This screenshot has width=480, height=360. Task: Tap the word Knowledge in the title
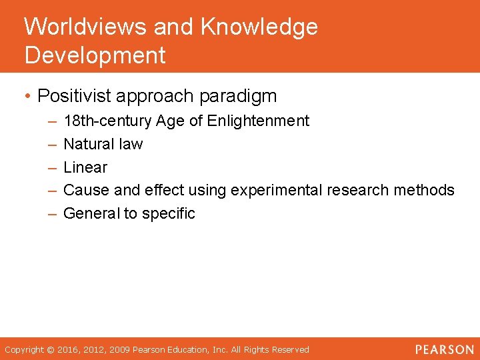click(259, 27)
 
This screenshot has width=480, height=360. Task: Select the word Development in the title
click(95, 55)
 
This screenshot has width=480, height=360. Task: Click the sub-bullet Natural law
click(103, 144)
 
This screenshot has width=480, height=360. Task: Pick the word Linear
click(85, 167)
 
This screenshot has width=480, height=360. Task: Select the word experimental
click(276, 191)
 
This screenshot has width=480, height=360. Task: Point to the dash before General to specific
click(52, 214)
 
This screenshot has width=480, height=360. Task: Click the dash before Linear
click(52, 167)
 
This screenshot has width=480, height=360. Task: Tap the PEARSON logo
click(444, 349)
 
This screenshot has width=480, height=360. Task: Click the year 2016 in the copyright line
click(67, 349)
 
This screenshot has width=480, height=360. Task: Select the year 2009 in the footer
click(121, 349)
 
